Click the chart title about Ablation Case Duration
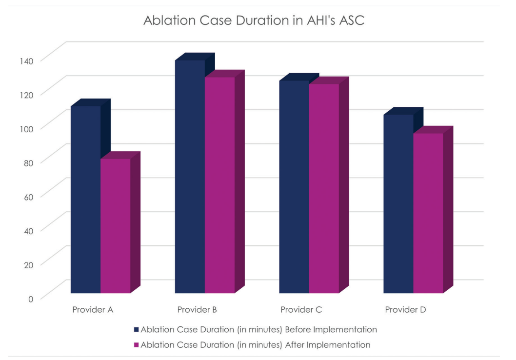tap(254, 21)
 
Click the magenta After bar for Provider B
tap(219, 185)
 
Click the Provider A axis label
tap(93, 310)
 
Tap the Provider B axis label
tap(197, 310)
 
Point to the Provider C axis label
tap(301, 310)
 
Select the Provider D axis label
tap(405, 310)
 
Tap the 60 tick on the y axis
tap(28, 197)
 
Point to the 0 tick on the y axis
tap(31, 298)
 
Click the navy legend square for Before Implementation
tap(136, 330)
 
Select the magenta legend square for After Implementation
tap(136, 345)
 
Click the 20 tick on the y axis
tap(28, 264)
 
